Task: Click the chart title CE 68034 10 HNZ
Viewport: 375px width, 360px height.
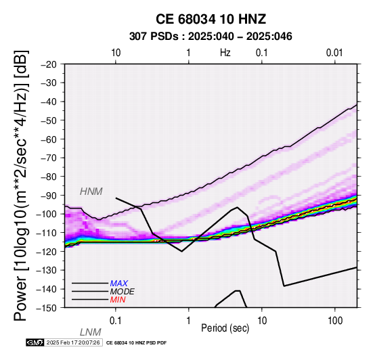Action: [x=211, y=19]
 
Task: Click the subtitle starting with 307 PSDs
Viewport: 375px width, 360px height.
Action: [x=211, y=37]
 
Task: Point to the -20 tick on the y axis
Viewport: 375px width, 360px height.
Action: [x=49, y=64]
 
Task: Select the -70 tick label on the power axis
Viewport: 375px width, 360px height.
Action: [x=49, y=158]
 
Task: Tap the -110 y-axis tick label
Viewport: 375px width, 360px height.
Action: [x=47, y=233]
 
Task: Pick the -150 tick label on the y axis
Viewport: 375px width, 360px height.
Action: [x=47, y=308]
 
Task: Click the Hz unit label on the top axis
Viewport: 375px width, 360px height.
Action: [x=225, y=53]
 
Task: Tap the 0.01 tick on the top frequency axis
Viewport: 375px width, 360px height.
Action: [x=334, y=53]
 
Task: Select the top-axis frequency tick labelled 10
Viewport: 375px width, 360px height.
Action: [x=116, y=53]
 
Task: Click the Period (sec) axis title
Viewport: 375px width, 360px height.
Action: [x=225, y=328]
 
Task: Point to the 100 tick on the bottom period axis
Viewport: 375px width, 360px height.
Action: [x=335, y=321]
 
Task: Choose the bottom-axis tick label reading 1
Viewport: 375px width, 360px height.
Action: [x=189, y=321]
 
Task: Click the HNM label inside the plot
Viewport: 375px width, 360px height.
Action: [x=91, y=192]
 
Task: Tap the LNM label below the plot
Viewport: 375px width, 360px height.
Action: [x=91, y=332]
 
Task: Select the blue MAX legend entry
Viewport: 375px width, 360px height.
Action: [x=118, y=284]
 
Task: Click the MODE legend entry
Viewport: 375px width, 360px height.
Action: [x=122, y=292]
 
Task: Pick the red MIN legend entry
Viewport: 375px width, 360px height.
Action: [x=118, y=300]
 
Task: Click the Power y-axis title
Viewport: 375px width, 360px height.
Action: [x=21, y=185]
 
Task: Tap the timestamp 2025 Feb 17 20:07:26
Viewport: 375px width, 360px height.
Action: [x=73, y=342]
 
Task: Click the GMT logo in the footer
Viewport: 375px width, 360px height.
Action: [x=35, y=342]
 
